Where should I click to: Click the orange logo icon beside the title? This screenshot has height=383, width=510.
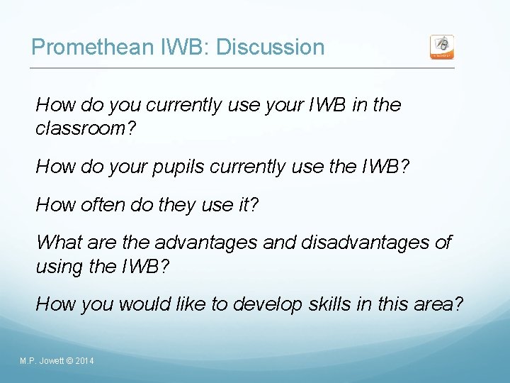442,47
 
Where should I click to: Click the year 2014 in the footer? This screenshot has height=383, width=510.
84,362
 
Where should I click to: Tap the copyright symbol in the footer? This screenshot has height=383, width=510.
69,362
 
